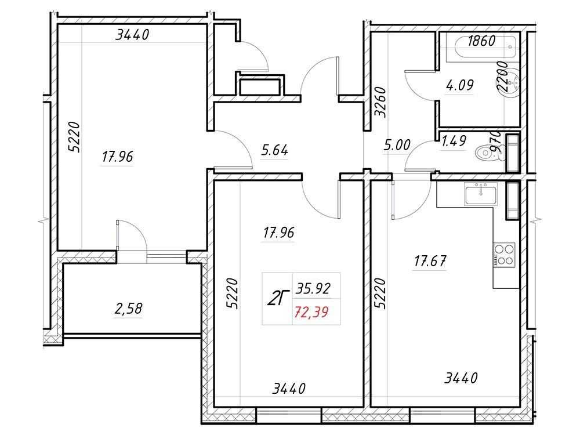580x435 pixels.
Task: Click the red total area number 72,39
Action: coord(311,313)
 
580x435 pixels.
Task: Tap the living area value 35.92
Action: coord(313,288)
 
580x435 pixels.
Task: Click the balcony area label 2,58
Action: coord(128,309)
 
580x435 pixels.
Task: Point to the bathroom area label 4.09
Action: coord(460,85)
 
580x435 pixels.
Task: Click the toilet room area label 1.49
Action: coord(454,140)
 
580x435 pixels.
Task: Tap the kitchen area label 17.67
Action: coord(430,262)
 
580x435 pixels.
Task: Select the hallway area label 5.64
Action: coord(274,150)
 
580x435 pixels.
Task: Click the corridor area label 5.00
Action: coord(397,145)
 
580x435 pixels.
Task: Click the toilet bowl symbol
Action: coord(489,153)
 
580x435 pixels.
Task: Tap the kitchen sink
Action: coord(481,195)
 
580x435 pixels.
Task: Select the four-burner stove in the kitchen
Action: coord(503,254)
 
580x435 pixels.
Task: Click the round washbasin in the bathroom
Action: coord(512,83)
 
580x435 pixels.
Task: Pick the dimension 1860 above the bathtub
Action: coord(481,41)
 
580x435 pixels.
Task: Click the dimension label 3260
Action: coord(380,103)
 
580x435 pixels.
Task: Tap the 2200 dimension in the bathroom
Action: coord(502,77)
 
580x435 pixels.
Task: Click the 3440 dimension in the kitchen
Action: coord(461,378)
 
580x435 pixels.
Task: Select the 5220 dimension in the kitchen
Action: coord(380,293)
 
